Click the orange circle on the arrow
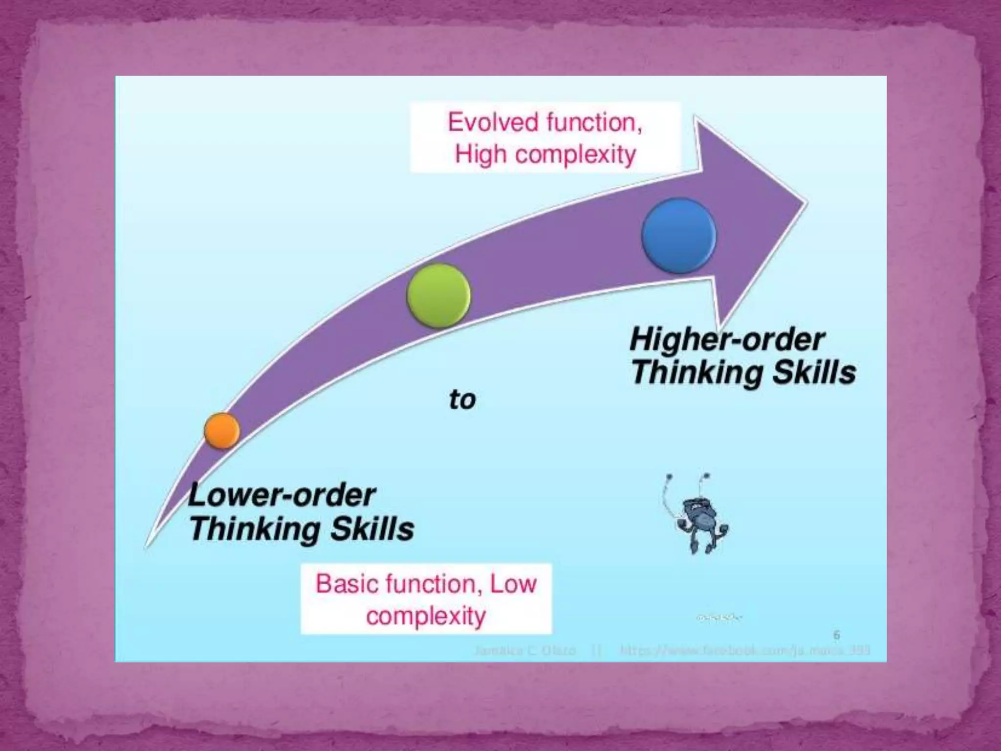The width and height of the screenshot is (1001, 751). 222,430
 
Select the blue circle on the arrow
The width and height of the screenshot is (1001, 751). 679,235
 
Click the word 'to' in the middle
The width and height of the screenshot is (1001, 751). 462,399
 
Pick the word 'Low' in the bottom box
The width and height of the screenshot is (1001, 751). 513,584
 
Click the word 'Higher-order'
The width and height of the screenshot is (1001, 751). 727,339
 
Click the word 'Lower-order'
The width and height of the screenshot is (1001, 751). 282,495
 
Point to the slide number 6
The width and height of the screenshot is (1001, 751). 836,635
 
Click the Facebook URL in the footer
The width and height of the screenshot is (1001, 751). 745,651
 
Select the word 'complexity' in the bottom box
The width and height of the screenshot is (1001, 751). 426,616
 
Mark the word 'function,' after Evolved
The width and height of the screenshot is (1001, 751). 593,122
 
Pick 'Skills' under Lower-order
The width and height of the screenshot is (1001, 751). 372,529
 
